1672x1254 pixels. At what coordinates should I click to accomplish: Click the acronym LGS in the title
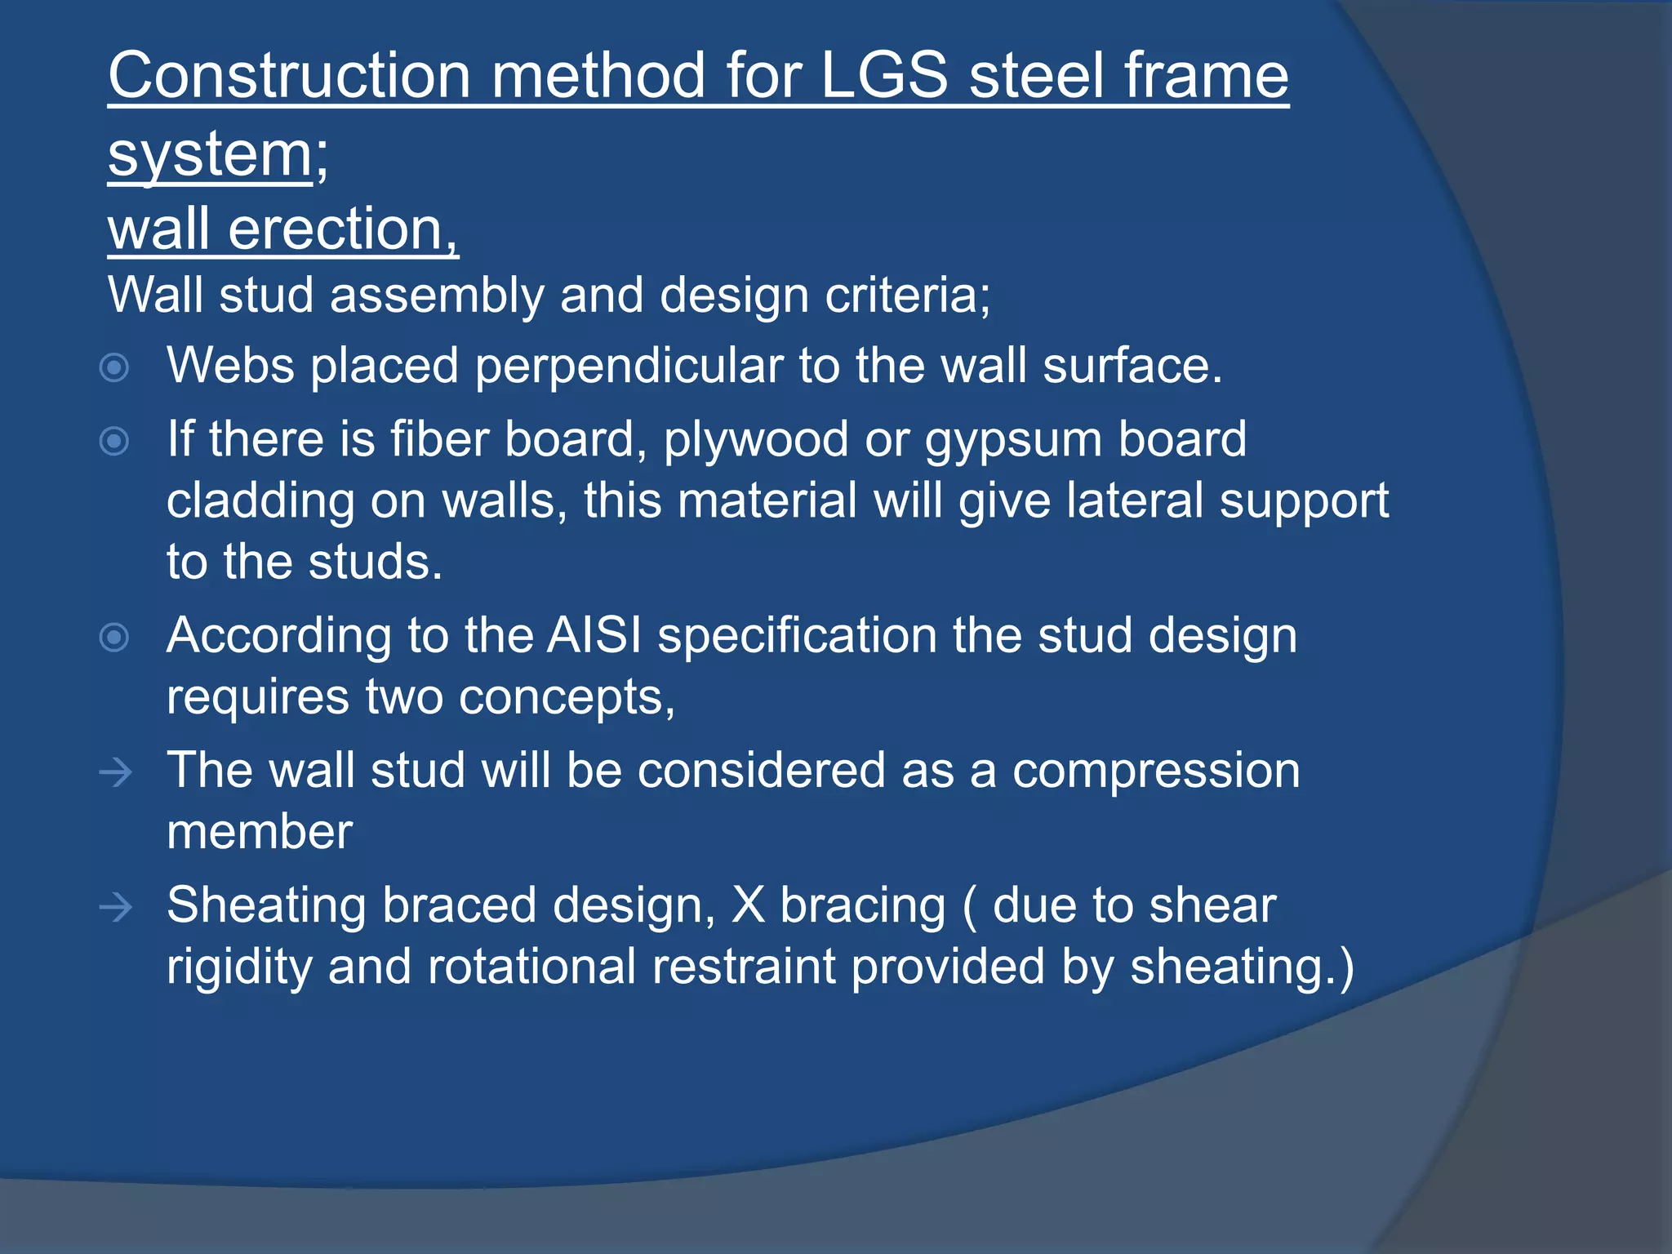tap(883, 75)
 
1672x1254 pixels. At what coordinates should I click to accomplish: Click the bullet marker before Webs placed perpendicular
tap(114, 367)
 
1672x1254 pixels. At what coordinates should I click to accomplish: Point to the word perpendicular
tap(629, 366)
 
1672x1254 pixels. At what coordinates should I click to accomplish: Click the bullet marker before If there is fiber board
tap(114, 442)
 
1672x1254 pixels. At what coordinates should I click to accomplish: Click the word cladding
tap(260, 500)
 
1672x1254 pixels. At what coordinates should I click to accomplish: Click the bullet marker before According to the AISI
tap(114, 637)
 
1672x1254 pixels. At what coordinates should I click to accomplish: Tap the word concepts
tap(566, 698)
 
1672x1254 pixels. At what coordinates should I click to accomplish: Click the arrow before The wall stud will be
tap(115, 772)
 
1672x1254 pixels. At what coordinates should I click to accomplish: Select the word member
tap(260, 833)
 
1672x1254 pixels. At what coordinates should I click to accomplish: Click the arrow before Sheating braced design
tap(115, 907)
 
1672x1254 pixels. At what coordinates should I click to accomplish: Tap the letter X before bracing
tap(748, 905)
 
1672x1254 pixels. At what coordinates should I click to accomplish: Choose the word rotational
tap(531, 967)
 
